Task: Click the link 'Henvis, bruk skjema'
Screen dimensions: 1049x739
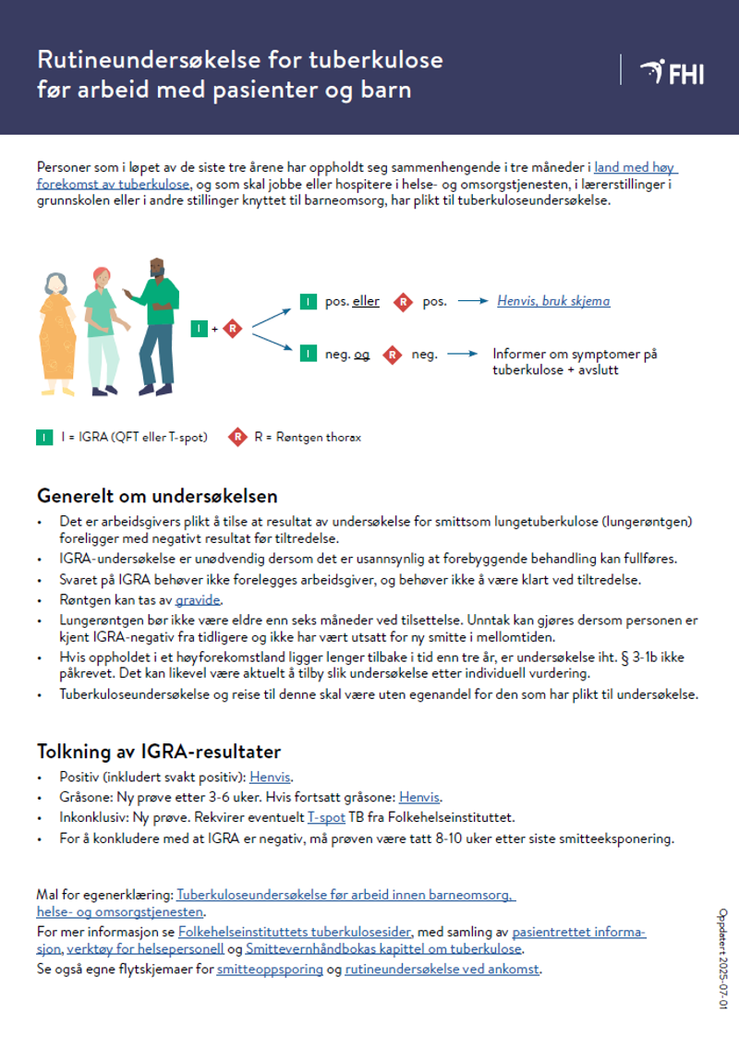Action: click(553, 301)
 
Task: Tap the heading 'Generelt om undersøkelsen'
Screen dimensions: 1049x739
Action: click(157, 497)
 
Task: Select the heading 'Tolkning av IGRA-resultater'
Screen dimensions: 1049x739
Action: click(159, 751)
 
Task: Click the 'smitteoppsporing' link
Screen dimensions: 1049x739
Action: click(270, 971)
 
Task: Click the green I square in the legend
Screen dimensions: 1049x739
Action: click(44, 437)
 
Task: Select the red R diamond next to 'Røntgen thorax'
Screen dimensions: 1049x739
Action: click(238, 437)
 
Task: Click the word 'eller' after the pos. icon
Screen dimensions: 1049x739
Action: click(366, 301)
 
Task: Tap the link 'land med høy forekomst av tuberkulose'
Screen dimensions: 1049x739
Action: click(636, 168)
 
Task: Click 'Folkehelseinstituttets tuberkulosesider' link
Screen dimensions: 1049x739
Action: click(295, 933)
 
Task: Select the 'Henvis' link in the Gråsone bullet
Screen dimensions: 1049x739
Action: click(419, 797)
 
